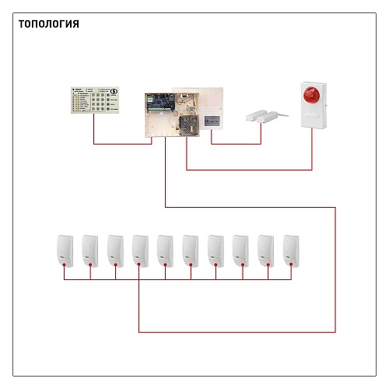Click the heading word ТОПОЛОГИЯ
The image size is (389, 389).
pos(49,24)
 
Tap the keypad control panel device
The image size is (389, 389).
pos(95,100)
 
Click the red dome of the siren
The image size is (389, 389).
pos(312,95)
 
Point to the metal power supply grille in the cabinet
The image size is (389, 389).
pos(188,125)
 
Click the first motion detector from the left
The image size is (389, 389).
pos(65,251)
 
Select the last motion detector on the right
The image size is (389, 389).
pos(291,251)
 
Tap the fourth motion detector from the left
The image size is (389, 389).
pos(140,251)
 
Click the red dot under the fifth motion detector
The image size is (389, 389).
pos(165,265)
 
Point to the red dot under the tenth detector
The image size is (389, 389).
pos(291,265)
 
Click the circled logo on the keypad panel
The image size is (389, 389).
pos(114,91)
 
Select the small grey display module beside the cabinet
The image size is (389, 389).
pos(212,121)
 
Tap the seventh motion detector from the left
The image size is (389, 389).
pos(216,251)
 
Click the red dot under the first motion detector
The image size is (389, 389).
pos(64,265)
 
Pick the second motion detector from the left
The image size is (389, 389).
pos(90,251)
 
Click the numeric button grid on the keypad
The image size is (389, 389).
pos(98,102)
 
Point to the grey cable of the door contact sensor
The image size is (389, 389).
pos(282,114)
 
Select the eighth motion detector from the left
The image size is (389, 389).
pos(240,251)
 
